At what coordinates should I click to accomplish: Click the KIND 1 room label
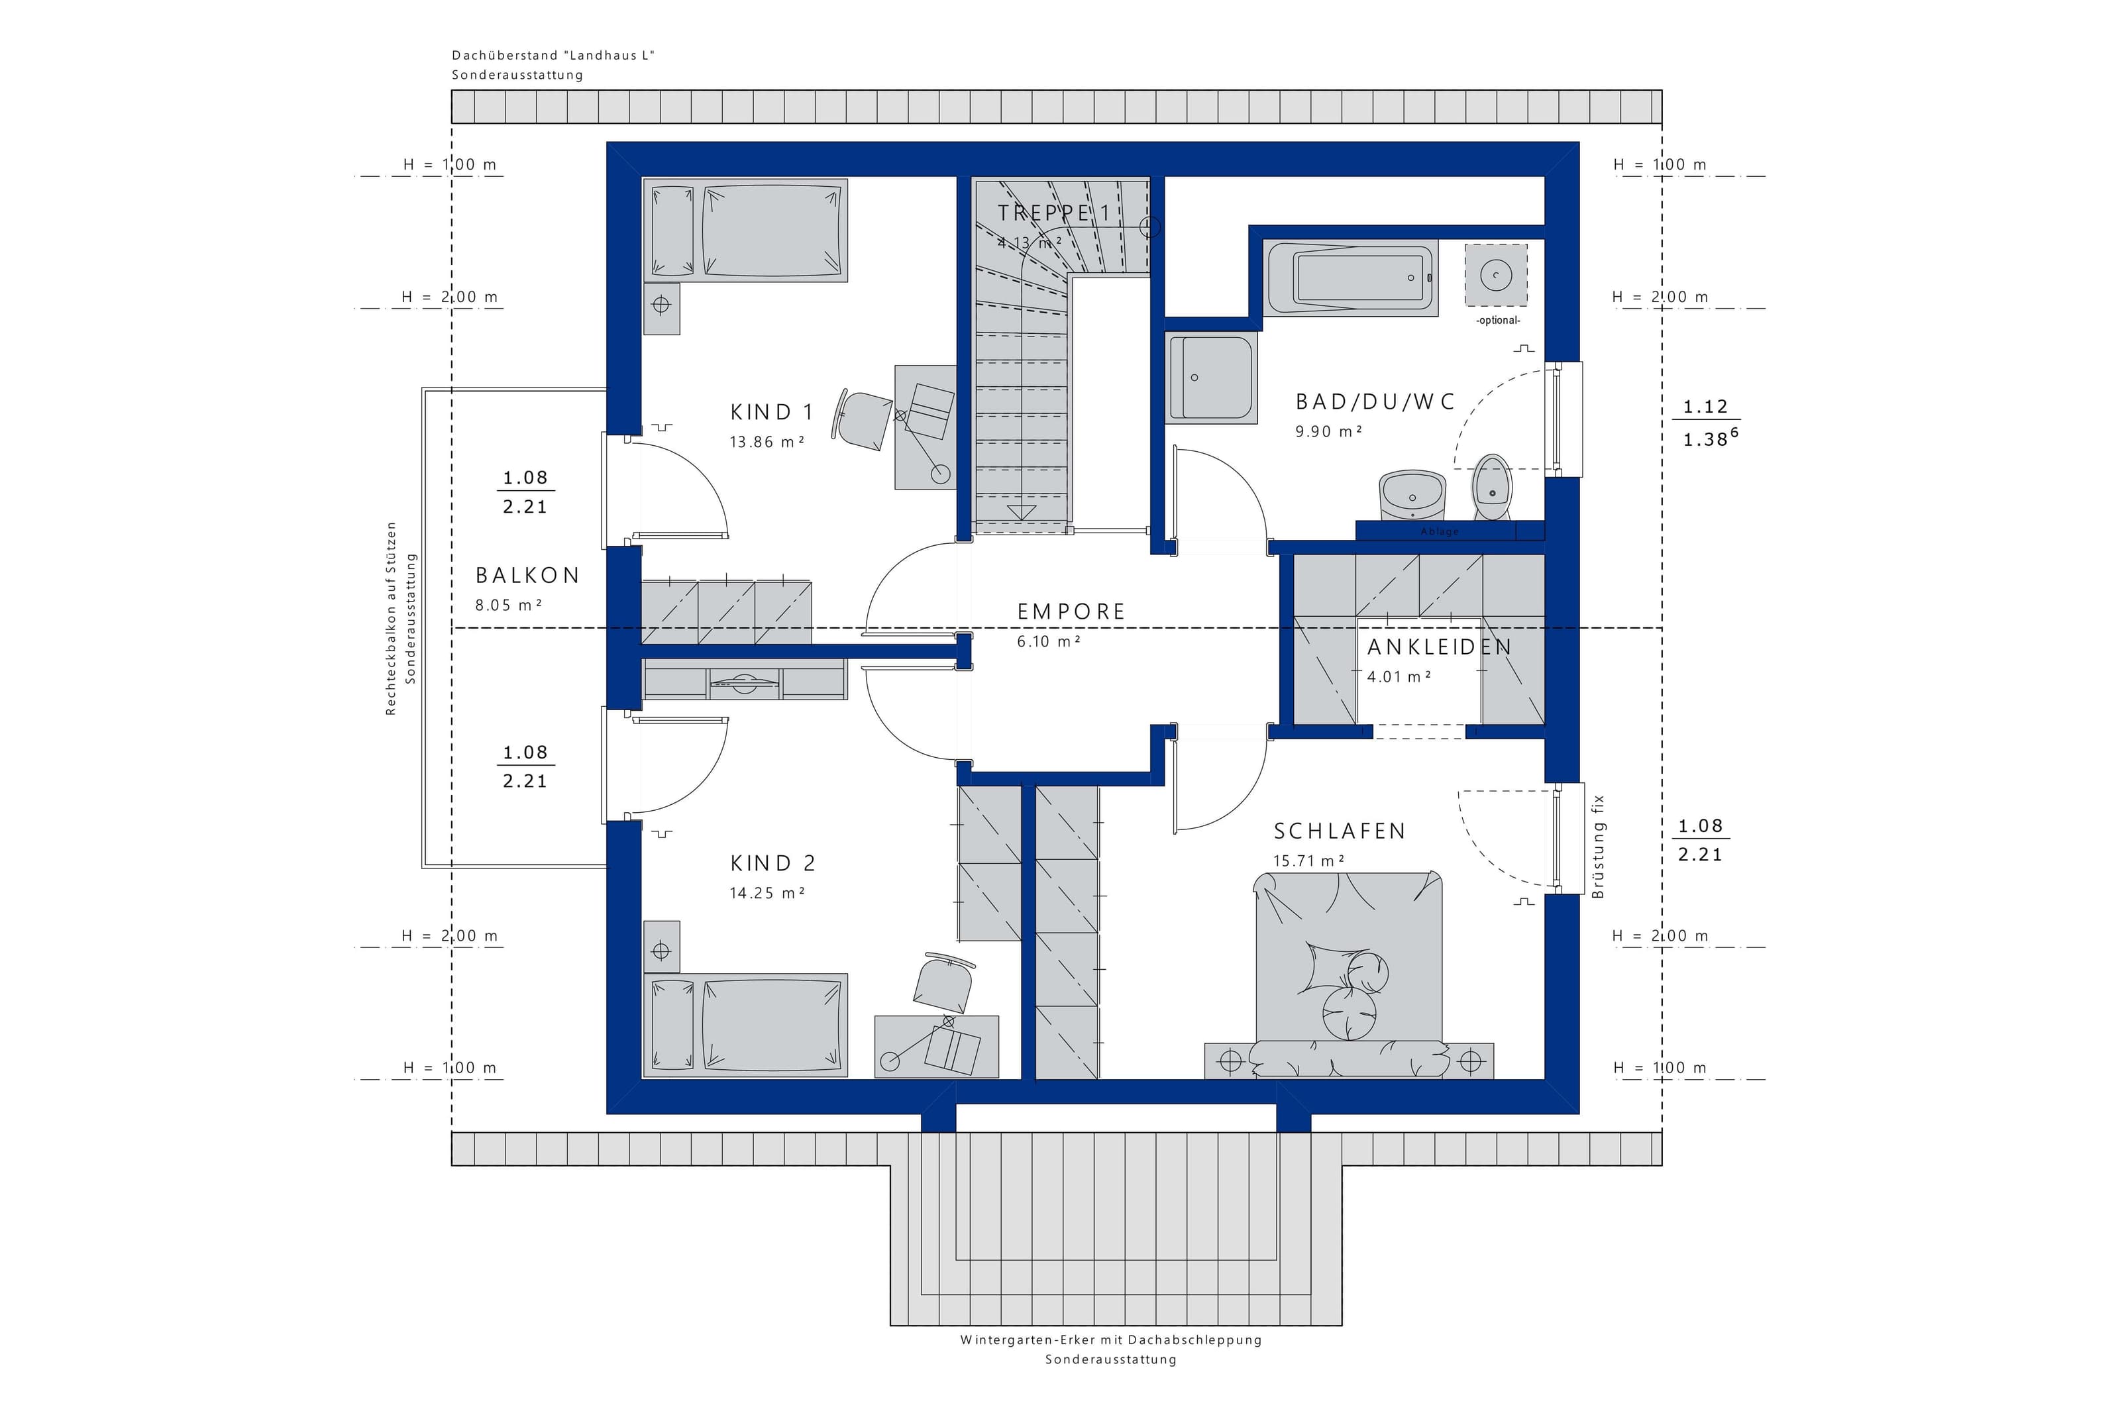coord(771,413)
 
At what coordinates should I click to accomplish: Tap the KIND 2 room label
coord(773,863)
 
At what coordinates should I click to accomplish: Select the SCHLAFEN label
coord(1339,831)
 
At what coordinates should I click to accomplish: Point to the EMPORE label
coord(1071,612)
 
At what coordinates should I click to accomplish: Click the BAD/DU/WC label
coord(1375,402)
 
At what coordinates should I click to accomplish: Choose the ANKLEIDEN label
coord(1439,647)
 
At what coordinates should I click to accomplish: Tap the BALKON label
coord(527,575)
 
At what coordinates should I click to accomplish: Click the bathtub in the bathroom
coord(1351,278)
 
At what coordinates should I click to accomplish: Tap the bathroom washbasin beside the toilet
coord(1411,496)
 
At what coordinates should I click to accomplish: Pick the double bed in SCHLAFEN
coord(1349,973)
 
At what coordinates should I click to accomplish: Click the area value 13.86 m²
coord(767,442)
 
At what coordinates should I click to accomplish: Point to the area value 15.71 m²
coord(1308,861)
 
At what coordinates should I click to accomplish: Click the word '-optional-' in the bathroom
coord(1497,321)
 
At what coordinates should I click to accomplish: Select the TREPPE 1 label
coord(1053,213)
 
